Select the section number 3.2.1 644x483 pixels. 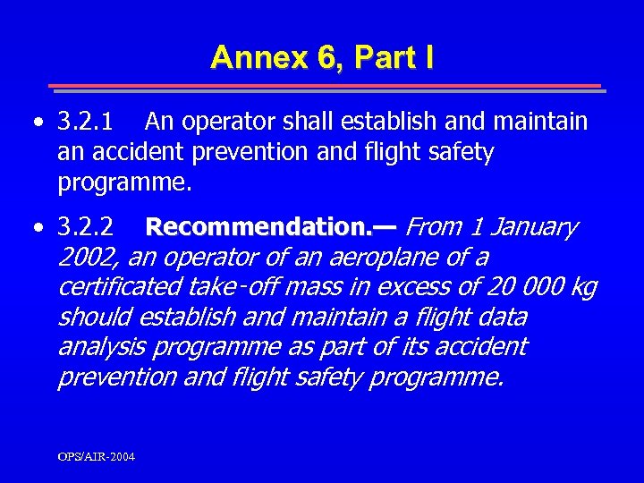[86, 121]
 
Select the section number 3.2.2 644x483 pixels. [86, 228]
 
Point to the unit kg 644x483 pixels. [584, 288]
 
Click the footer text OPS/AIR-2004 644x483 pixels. [97, 457]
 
